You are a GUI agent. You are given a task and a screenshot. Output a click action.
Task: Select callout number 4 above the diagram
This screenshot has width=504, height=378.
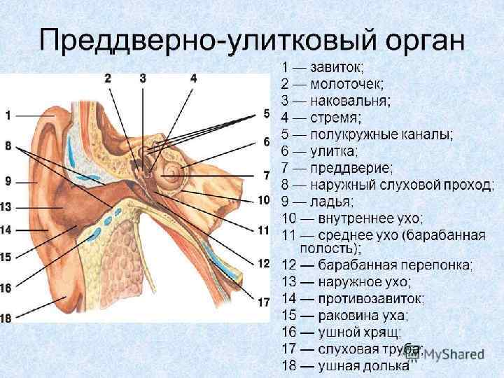tap(194, 79)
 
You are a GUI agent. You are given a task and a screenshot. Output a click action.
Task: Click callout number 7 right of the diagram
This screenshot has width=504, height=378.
tap(266, 174)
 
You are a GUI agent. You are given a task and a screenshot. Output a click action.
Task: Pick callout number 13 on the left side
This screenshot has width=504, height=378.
tap(6, 206)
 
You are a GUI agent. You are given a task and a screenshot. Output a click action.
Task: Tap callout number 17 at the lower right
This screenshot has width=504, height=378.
tap(263, 302)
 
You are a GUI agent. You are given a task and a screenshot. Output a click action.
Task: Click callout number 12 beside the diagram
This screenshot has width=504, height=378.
tap(263, 263)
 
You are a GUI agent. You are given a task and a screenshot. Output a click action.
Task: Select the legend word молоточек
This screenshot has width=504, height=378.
tap(349, 84)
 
